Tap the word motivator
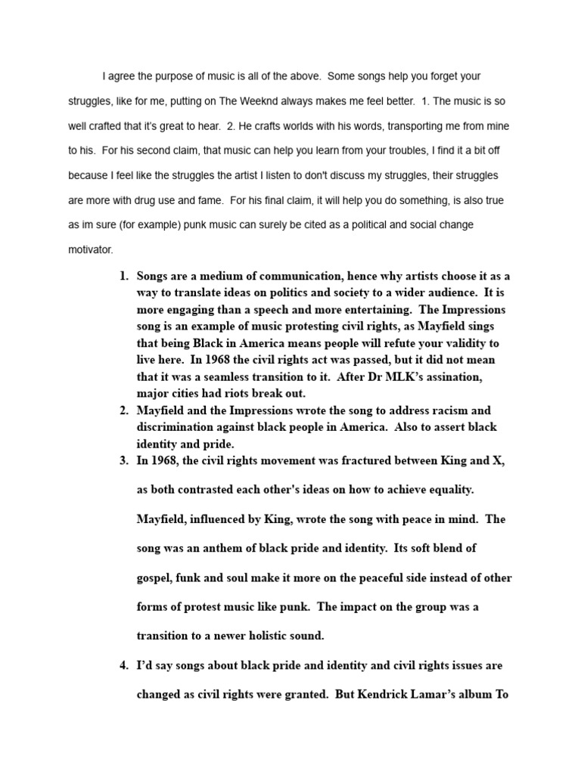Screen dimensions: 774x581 point(90,249)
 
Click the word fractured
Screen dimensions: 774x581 point(353,460)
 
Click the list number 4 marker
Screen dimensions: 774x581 point(123,666)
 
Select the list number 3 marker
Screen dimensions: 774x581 point(123,460)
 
